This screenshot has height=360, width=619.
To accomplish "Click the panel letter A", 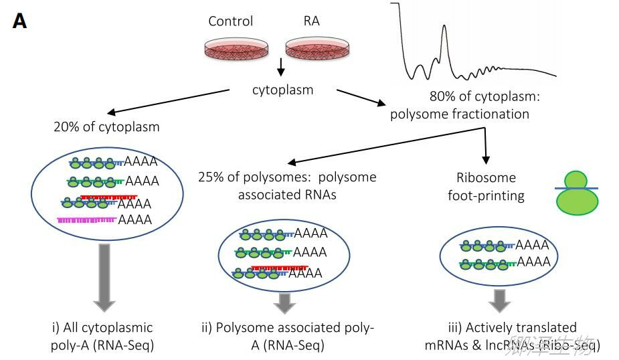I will point(19,21).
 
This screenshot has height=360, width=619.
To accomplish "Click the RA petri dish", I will point(319,48).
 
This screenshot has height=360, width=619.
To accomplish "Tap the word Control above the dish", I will point(231,21).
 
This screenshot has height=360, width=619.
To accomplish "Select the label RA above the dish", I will point(312,21).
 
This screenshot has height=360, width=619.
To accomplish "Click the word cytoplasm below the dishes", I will point(282,89).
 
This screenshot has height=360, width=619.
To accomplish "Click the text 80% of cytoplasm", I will point(484,97).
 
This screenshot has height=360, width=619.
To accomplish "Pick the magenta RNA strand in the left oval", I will point(87,219).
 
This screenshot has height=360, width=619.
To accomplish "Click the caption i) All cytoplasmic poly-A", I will point(103,337).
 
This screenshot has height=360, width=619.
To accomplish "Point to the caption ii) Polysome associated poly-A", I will point(288,337).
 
